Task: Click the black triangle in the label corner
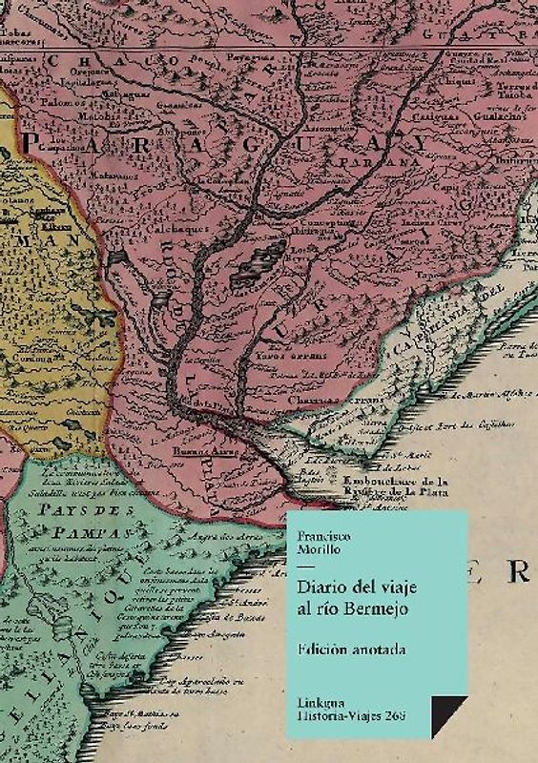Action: [x=446, y=713]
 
